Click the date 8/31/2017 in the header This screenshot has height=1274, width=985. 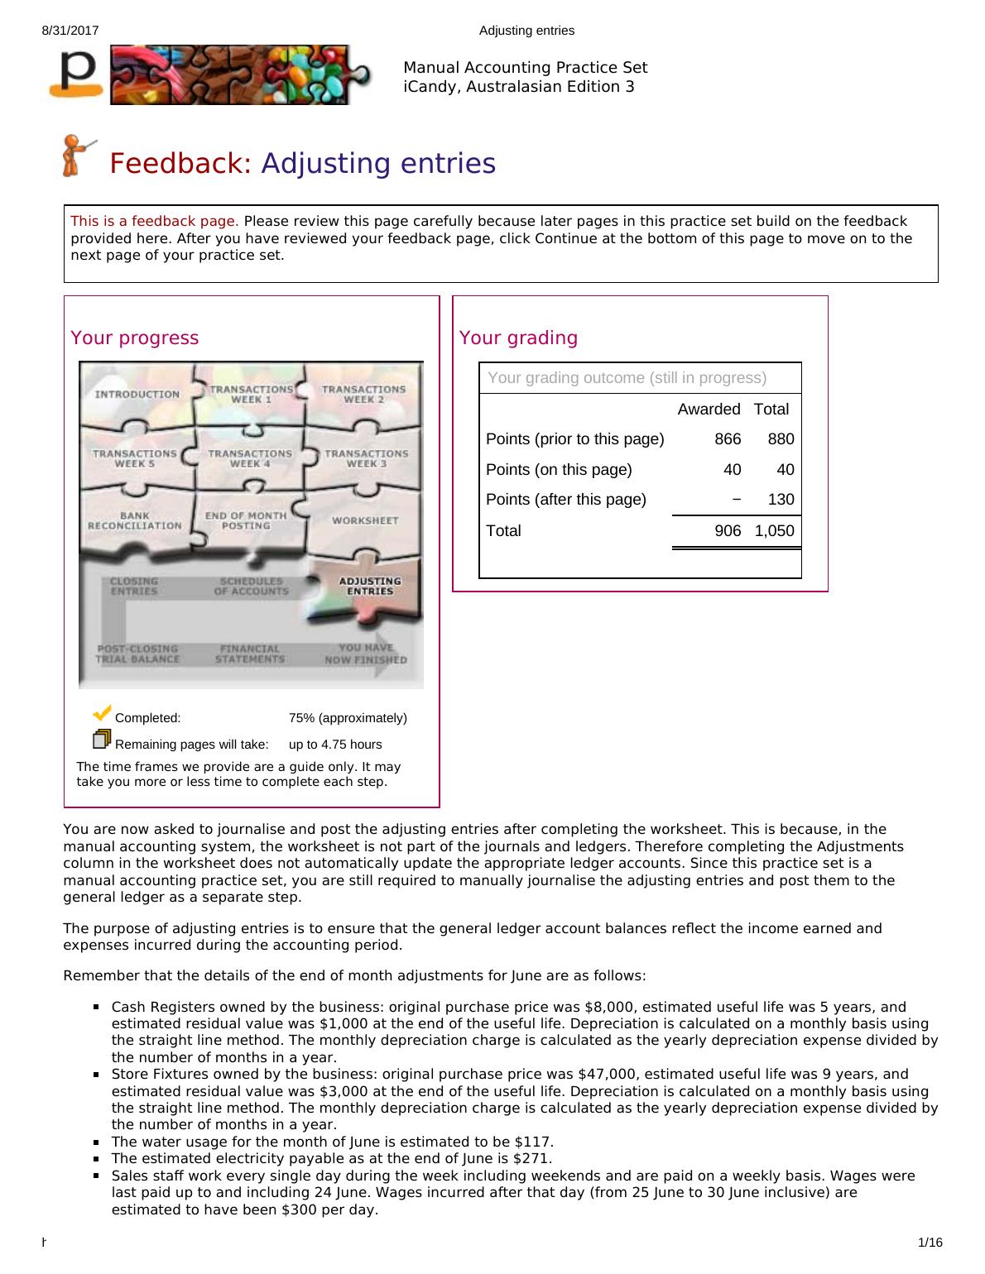click(x=70, y=31)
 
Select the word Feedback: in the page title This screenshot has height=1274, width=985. click(x=180, y=164)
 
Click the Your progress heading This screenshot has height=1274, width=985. click(x=134, y=338)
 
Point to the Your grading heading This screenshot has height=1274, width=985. click(x=518, y=338)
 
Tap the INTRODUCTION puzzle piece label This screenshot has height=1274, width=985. click(x=137, y=395)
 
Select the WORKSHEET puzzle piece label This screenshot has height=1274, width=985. click(x=365, y=520)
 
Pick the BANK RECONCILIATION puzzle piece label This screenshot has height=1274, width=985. click(x=135, y=520)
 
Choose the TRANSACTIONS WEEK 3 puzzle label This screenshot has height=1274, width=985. click(x=366, y=458)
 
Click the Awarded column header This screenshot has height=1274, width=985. click(x=709, y=409)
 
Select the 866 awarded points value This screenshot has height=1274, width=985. click(x=728, y=439)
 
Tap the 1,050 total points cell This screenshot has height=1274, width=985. click(x=774, y=531)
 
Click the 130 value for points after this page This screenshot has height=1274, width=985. click(x=781, y=499)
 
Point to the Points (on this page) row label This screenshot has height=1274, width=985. click(x=559, y=469)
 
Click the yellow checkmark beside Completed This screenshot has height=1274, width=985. click(x=102, y=712)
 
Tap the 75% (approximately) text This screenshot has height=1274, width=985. click(x=348, y=718)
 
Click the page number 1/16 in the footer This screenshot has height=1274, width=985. click(x=930, y=1243)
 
